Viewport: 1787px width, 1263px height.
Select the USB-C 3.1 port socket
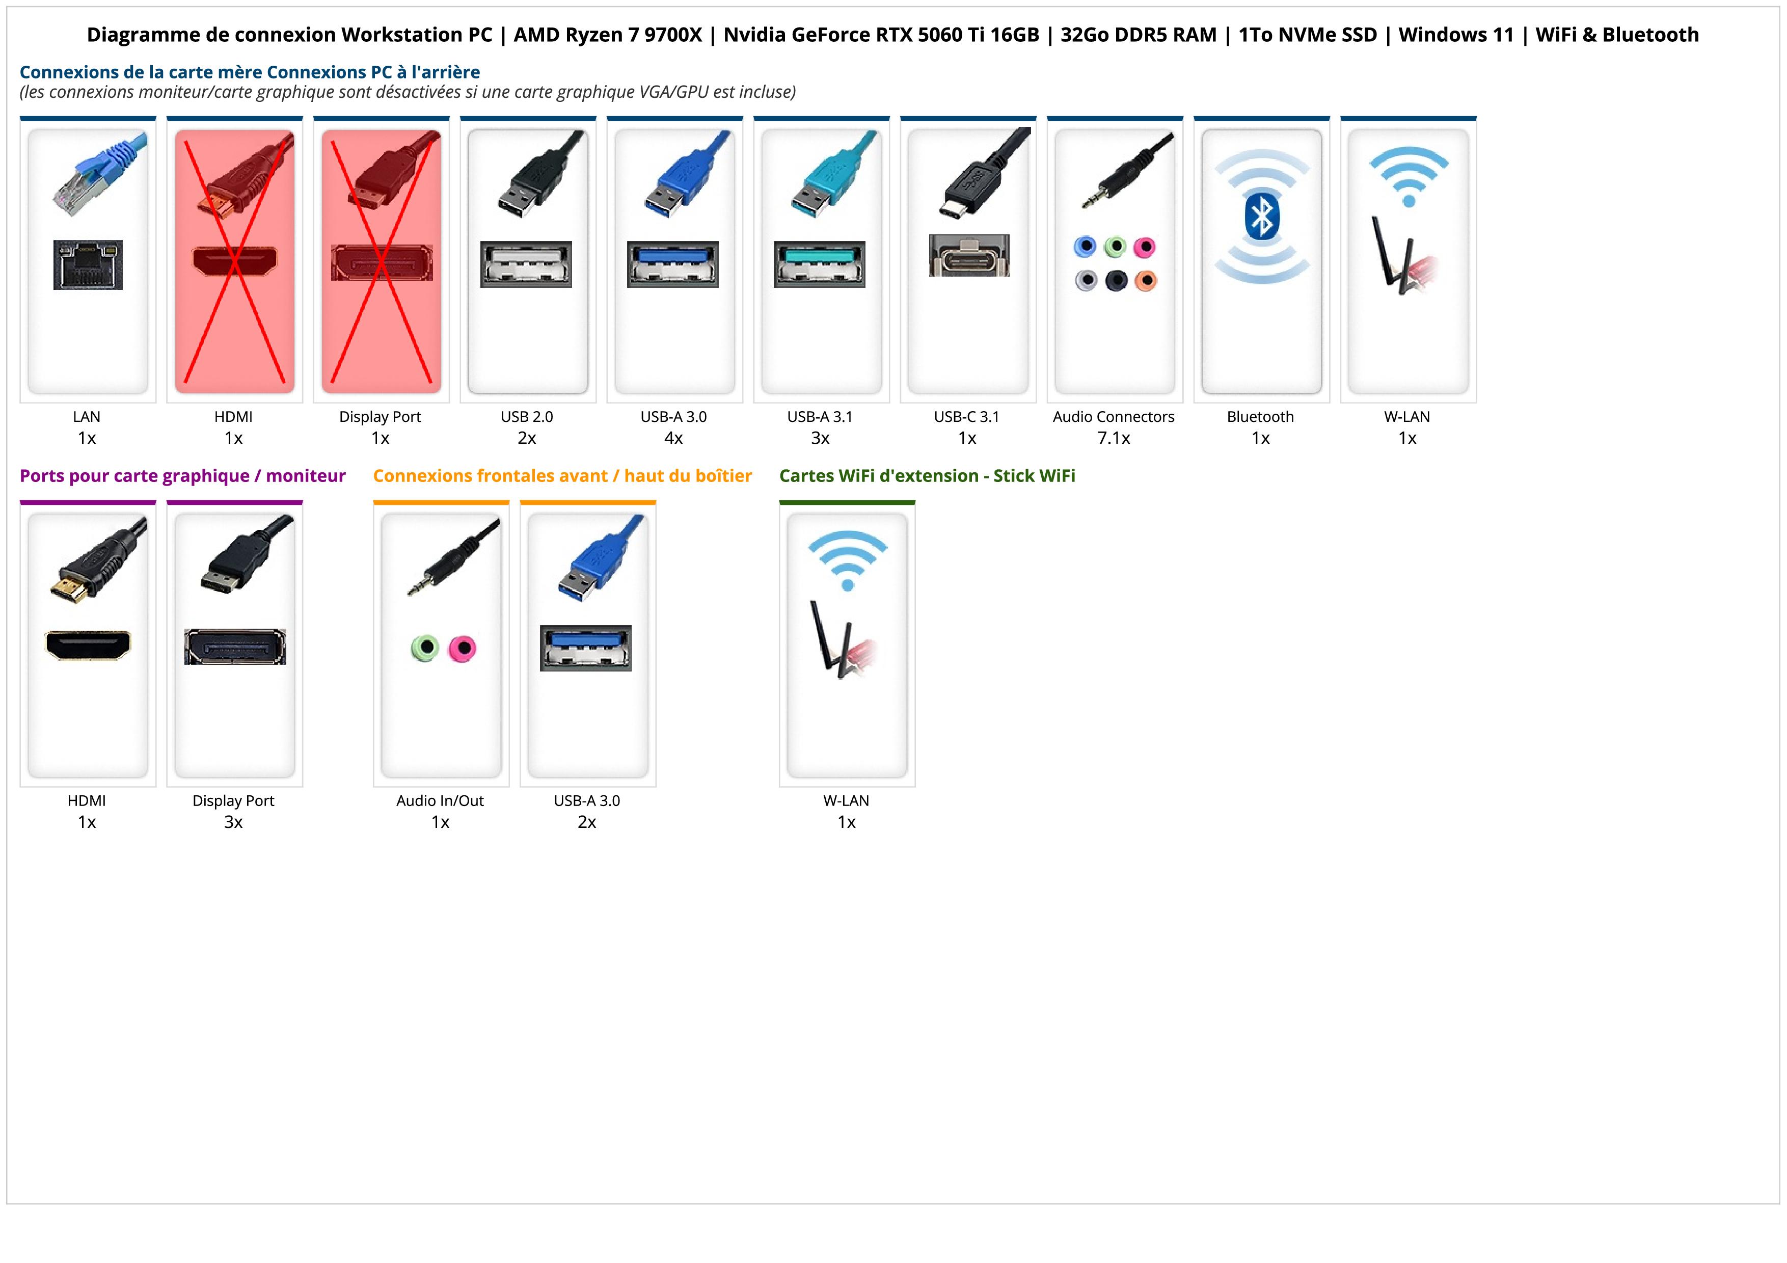tap(968, 255)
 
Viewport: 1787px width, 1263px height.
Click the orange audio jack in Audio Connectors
tap(1145, 280)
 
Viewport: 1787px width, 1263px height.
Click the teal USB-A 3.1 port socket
tap(819, 264)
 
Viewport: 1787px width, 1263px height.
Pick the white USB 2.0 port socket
tap(526, 264)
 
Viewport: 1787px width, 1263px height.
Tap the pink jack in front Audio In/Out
tap(463, 648)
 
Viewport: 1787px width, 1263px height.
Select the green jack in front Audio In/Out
tap(425, 648)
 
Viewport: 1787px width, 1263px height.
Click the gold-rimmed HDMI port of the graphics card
tap(88, 645)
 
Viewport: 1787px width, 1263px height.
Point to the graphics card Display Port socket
tap(235, 647)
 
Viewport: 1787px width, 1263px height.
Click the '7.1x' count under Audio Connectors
tap(1114, 438)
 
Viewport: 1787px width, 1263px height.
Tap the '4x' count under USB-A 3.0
tap(673, 438)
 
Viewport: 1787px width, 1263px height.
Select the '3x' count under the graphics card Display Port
tap(233, 822)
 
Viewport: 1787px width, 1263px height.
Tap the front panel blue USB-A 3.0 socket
tap(585, 648)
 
